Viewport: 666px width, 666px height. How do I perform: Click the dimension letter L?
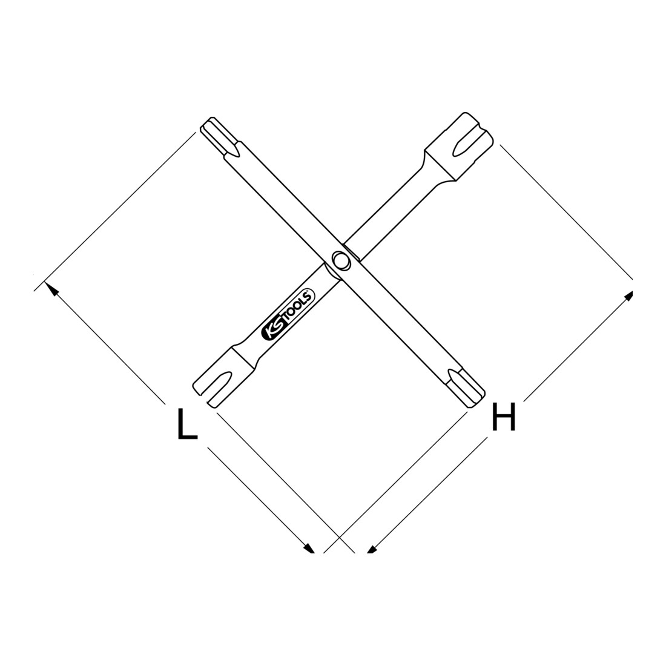187,423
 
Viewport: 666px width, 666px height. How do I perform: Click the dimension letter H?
503,417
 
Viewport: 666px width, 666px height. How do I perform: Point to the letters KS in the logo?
272,331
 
